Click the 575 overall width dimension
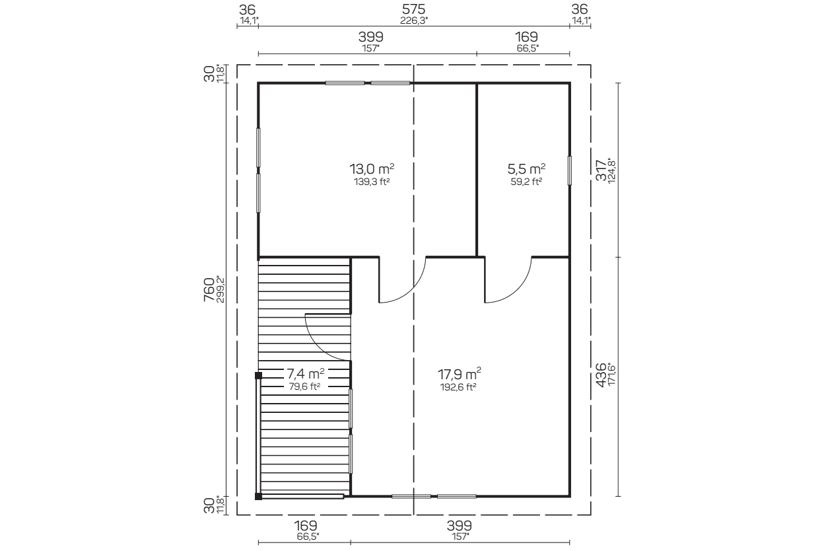click(x=413, y=9)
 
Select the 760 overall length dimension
click(x=209, y=290)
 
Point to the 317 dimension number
click(x=601, y=170)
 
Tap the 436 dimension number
click(x=601, y=375)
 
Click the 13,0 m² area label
click(x=372, y=169)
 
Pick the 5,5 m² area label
click(x=526, y=169)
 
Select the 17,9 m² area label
click(x=459, y=374)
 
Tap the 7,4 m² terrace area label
click(x=306, y=374)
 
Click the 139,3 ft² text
click(x=372, y=182)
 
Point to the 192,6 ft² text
click(x=458, y=387)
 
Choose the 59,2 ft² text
click(x=526, y=182)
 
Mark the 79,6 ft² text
click(x=304, y=386)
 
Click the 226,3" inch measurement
click(x=414, y=20)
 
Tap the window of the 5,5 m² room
click(x=569, y=170)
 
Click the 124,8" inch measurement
click(x=611, y=170)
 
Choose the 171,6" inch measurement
click(x=611, y=375)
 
